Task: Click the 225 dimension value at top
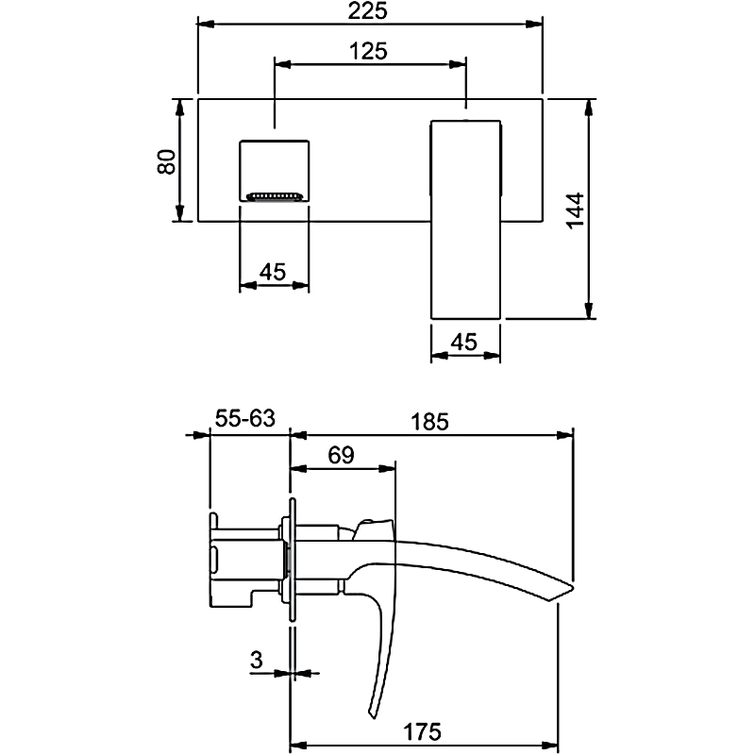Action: [x=368, y=11]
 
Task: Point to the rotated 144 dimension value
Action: [x=576, y=213]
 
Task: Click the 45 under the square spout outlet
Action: [x=273, y=272]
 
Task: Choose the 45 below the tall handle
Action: [x=463, y=344]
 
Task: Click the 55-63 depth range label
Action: [x=246, y=419]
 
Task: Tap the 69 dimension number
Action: [x=341, y=455]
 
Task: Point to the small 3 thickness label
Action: [x=256, y=660]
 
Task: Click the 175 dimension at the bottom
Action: [x=424, y=730]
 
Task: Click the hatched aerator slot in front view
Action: [x=275, y=197]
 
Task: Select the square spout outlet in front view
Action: [x=275, y=170]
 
